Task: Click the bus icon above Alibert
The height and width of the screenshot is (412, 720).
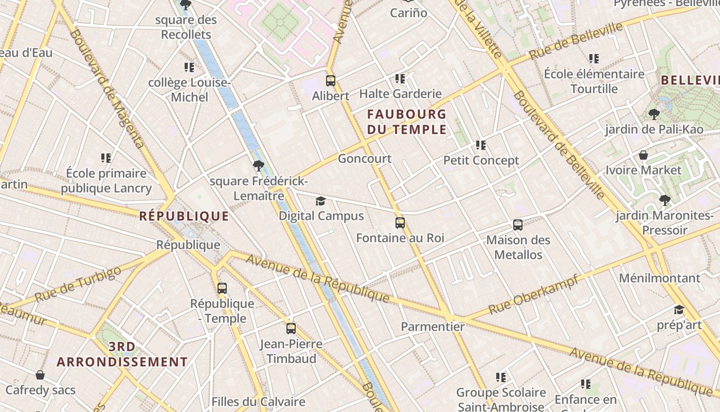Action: pyautogui.click(x=331, y=81)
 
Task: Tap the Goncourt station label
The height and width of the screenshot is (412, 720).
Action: pyautogui.click(x=365, y=159)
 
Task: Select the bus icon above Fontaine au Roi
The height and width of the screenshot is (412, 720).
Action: pyautogui.click(x=400, y=223)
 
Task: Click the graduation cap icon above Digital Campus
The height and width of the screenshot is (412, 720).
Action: pyautogui.click(x=321, y=201)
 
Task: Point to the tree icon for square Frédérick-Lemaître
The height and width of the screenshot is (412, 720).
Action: pyautogui.click(x=259, y=166)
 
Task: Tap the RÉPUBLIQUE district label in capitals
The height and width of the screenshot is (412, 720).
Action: pyautogui.click(x=184, y=216)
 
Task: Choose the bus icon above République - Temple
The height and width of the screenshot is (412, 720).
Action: pyautogui.click(x=222, y=288)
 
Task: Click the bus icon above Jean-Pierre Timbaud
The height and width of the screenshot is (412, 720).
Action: pyautogui.click(x=291, y=329)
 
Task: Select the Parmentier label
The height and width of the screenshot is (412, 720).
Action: pyautogui.click(x=433, y=327)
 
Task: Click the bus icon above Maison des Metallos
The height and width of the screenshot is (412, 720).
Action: pyautogui.click(x=518, y=225)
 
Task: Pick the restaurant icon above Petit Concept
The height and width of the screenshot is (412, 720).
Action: pyautogui.click(x=481, y=145)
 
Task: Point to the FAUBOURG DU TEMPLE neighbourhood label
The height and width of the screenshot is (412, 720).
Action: pyautogui.click(x=406, y=122)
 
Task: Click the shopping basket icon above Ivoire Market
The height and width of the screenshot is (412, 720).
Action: pyautogui.click(x=643, y=155)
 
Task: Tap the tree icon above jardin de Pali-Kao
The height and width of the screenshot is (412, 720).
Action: pyautogui.click(x=654, y=114)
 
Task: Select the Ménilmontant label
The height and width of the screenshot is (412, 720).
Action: pyautogui.click(x=659, y=279)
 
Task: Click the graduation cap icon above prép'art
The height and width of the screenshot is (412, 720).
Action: pyautogui.click(x=679, y=310)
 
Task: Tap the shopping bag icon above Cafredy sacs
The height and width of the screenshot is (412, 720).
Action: pyautogui.click(x=40, y=375)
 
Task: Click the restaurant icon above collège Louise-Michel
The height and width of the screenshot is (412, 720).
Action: pyautogui.click(x=189, y=67)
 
